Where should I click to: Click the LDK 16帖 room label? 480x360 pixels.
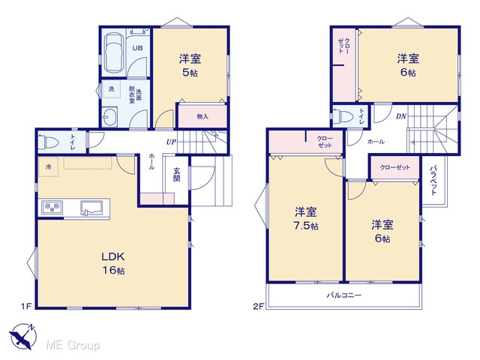(x=113, y=263)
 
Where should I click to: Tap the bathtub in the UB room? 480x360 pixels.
(x=113, y=53)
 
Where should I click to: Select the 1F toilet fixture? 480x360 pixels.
(x=48, y=142)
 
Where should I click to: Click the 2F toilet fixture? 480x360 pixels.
(x=341, y=115)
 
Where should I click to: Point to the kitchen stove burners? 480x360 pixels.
(x=52, y=208)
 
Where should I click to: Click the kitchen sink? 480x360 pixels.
(x=91, y=208)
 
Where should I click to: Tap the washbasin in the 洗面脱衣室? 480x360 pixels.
(x=109, y=116)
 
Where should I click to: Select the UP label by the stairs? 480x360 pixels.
(x=171, y=142)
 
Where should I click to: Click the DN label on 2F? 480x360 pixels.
(x=401, y=116)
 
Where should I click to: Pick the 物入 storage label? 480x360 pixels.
(x=202, y=116)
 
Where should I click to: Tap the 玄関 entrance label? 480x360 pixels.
(x=177, y=175)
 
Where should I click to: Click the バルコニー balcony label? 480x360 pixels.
(x=344, y=295)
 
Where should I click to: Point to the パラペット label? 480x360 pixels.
(x=433, y=180)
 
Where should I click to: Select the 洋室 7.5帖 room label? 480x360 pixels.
(x=306, y=218)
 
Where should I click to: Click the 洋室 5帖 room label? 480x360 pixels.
(x=190, y=65)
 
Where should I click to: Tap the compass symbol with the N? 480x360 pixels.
(x=22, y=336)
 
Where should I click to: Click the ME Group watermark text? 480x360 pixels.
(x=73, y=346)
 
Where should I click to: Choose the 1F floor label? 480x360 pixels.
(x=27, y=306)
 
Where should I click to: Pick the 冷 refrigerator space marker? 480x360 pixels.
(x=48, y=167)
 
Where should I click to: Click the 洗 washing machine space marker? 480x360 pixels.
(x=112, y=88)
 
